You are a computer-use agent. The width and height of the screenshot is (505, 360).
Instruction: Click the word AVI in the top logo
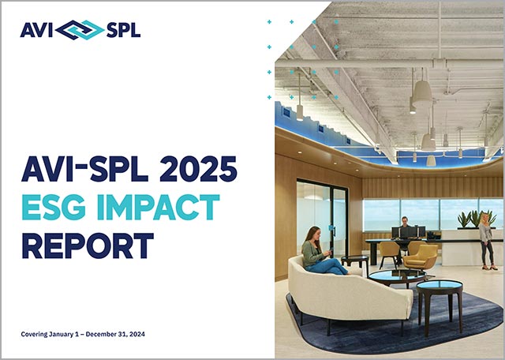37,31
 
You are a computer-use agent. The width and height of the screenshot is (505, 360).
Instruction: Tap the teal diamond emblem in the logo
80,31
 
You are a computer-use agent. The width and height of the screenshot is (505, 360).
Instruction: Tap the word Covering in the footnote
37,334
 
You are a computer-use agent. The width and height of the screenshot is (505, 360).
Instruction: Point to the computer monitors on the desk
408,232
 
